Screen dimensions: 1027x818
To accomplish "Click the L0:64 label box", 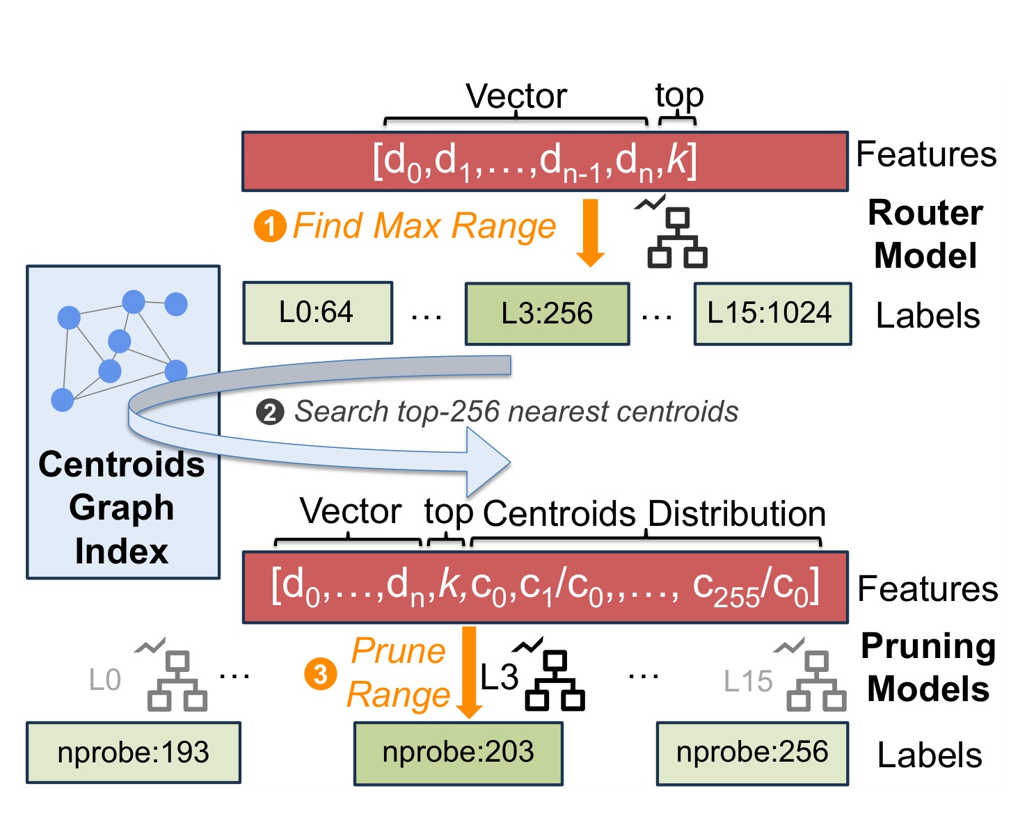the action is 318,312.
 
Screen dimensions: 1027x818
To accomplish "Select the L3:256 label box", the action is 548,314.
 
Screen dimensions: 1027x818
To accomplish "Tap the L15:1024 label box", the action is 772,314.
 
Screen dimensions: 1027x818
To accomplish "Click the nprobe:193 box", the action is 134,753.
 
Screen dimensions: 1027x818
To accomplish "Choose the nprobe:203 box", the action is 458,753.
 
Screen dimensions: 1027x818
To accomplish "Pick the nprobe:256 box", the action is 753,753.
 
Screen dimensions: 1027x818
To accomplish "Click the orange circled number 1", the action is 270,226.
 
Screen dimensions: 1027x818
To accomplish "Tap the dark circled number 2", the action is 270,412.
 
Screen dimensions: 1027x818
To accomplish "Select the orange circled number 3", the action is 321,674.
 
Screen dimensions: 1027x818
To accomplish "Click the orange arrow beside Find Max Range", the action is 591,233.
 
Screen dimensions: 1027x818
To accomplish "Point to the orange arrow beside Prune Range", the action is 469,672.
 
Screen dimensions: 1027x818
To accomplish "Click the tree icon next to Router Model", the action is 673,232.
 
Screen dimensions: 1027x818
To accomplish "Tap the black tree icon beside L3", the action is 550,674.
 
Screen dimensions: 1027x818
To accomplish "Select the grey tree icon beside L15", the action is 811,674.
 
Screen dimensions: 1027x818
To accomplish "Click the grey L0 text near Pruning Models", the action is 105,680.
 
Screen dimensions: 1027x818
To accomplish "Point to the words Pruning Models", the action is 928,668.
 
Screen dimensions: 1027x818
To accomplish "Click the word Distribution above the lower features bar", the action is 736,514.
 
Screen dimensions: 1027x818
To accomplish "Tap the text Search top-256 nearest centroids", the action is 516,412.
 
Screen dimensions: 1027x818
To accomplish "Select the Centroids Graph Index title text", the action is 122,507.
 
